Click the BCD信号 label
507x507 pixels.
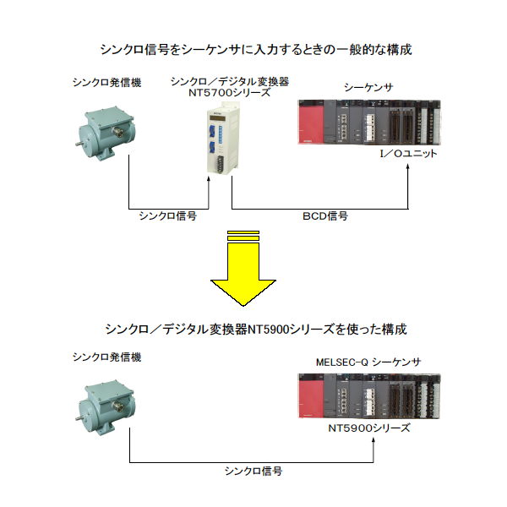pos(325,217)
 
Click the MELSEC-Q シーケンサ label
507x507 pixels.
pos(368,363)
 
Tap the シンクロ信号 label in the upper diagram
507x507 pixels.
pos(168,217)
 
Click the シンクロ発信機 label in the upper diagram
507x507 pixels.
pos(106,83)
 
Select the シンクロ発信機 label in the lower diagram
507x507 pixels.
pos(106,357)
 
